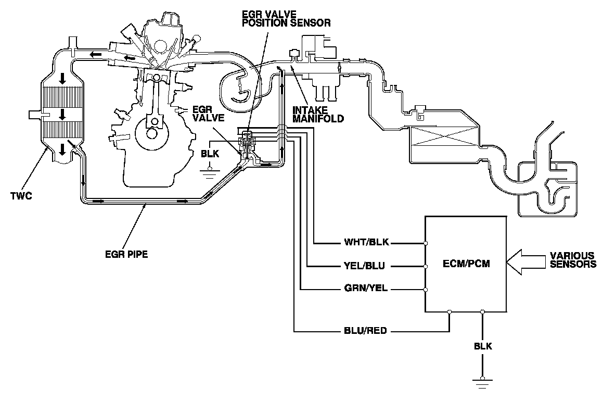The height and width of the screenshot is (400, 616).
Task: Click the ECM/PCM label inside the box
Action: [x=466, y=265]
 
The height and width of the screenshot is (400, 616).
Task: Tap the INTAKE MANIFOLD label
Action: [x=318, y=115]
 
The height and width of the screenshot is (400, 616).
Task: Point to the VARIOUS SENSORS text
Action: [x=573, y=260]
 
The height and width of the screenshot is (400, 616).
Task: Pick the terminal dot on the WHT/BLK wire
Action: [x=426, y=243]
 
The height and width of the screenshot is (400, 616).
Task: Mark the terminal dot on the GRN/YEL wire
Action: [x=426, y=290]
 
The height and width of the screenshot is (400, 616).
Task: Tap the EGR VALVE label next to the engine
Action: [x=208, y=114]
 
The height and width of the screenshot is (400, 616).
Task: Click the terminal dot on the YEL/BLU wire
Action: [x=426, y=266]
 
